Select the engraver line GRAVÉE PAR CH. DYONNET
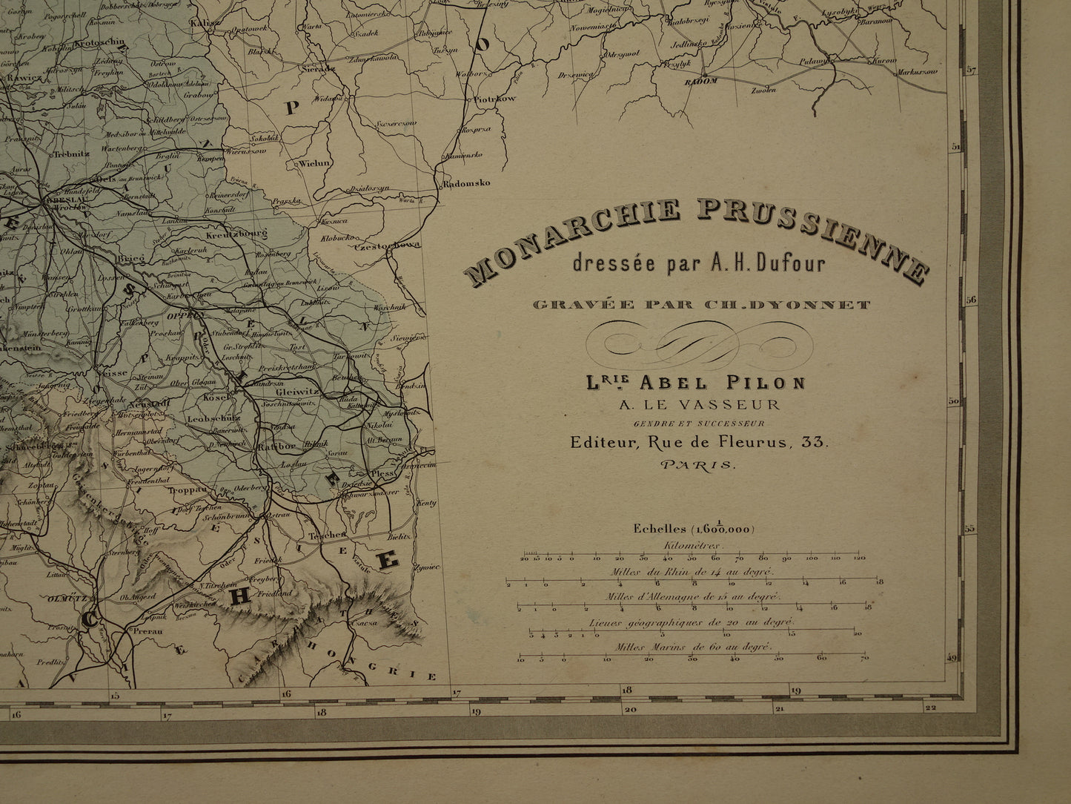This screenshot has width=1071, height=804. point(696,304)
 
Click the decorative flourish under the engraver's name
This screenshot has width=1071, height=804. point(695,342)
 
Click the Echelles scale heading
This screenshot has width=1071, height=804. point(693,529)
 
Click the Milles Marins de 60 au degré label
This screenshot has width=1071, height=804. point(693,647)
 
